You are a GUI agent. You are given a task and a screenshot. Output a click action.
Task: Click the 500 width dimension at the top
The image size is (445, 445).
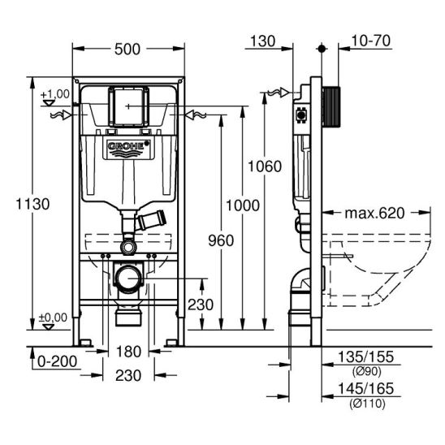[x=127, y=49]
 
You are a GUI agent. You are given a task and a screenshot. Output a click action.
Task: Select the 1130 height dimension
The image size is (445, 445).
[x=32, y=204]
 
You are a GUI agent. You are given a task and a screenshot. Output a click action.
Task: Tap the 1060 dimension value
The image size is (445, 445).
[x=265, y=166]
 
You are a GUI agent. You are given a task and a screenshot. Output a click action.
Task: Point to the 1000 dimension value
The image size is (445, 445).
[x=243, y=205]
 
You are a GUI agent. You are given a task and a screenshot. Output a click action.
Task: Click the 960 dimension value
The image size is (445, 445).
[x=221, y=240]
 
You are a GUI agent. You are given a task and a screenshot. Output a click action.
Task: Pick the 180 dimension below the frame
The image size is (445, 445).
[x=128, y=352]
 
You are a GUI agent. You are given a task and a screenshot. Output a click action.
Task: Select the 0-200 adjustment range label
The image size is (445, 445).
[x=58, y=361]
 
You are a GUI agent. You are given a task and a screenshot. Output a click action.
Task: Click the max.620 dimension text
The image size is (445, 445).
[x=374, y=213]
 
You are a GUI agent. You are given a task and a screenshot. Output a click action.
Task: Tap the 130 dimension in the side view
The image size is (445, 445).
[x=263, y=41]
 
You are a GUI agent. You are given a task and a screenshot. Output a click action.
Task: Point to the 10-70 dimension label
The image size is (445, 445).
[x=371, y=41]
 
